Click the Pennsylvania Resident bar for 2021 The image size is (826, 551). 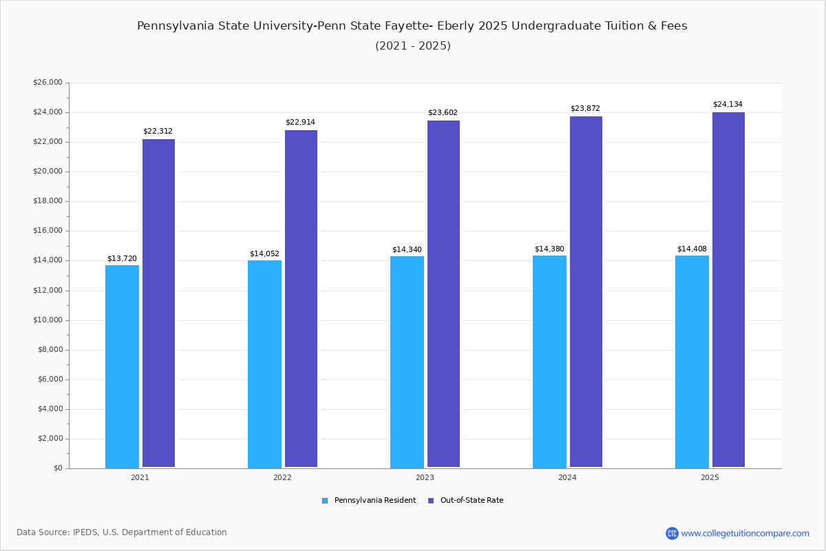[x=122, y=366]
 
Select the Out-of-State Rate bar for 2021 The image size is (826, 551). [x=158, y=303]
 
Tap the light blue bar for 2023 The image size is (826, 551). [x=407, y=362]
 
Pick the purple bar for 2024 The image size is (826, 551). [x=586, y=292]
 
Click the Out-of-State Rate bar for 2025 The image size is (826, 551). [x=728, y=290]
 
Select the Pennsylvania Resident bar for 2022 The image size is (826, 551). [x=264, y=364]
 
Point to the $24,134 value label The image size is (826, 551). [x=728, y=105]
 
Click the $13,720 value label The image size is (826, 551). [x=122, y=259]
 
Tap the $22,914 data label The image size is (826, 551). [x=300, y=123]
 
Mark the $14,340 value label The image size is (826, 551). [x=407, y=250]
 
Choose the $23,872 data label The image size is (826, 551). [x=585, y=109]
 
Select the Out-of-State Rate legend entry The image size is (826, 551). [x=472, y=501]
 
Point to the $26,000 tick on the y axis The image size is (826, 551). [x=47, y=83]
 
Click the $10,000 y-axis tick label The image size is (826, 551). [x=47, y=320]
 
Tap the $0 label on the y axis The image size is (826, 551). [x=58, y=468]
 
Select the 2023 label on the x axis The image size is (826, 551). [x=425, y=477]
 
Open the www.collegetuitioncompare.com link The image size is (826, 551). [x=745, y=533]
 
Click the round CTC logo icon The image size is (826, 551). [x=672, y=533]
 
